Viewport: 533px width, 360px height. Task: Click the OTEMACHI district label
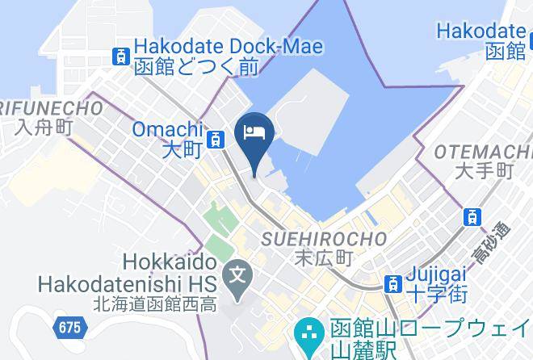[483, 153]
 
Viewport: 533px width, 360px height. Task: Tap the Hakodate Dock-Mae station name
[229, 47]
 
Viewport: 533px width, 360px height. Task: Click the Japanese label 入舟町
[41, 127]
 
